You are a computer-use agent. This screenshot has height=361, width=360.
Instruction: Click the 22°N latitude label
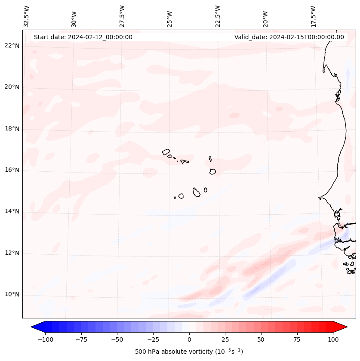12,46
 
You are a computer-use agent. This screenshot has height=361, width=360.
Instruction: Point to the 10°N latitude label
12,294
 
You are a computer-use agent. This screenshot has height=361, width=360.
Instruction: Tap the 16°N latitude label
12,170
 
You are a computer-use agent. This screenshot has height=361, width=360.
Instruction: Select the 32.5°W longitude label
27,16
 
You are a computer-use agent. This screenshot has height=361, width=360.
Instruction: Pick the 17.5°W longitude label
313,16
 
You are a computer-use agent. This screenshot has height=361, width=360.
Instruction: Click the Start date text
83,37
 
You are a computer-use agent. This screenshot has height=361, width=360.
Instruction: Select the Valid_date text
289,37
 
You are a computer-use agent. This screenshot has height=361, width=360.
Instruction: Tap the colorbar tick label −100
45,339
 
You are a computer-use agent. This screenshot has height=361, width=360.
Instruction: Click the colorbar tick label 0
189,339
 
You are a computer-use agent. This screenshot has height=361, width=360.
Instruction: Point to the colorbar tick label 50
261,339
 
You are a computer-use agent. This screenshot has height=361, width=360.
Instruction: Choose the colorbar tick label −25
153,339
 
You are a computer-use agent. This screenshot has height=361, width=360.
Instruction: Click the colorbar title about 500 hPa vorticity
189,352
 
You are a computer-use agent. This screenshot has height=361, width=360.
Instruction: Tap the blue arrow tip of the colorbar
35,327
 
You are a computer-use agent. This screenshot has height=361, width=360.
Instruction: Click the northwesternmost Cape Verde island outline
166,151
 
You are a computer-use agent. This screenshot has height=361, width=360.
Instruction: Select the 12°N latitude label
12,253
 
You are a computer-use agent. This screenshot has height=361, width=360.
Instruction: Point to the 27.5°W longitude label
122,16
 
